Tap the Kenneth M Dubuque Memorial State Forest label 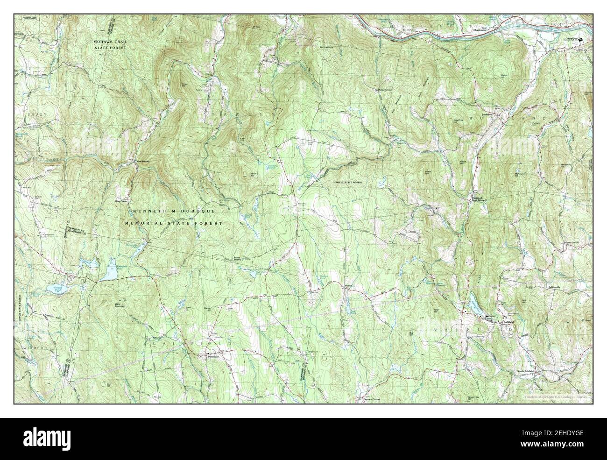(x=174, y=218)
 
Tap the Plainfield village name (x=214, y=356)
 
